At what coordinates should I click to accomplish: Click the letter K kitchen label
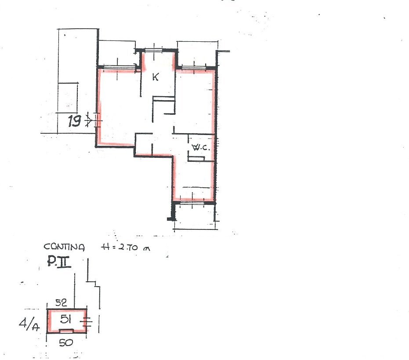pos(156,77)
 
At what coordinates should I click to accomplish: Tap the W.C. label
pos(201,148)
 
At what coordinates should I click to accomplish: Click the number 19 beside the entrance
pos(74,121)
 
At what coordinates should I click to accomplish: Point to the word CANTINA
pos(64,247)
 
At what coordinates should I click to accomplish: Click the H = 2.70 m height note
pos(126,247)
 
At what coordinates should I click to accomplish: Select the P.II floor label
pos(59,262)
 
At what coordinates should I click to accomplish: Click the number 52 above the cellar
pos(61,302)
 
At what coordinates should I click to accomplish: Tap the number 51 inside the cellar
pos(65,319)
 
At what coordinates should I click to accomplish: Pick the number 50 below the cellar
pos(66,342)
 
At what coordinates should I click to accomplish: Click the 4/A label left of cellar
pos(29,324)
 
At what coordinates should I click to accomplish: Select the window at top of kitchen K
pos(154,51)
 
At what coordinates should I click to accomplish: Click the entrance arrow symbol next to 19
pos(90,120)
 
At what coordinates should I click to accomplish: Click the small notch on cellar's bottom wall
pos(66,331)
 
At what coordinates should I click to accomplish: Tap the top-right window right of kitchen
pos(194,69)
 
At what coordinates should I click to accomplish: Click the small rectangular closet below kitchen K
pos(164,105)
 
